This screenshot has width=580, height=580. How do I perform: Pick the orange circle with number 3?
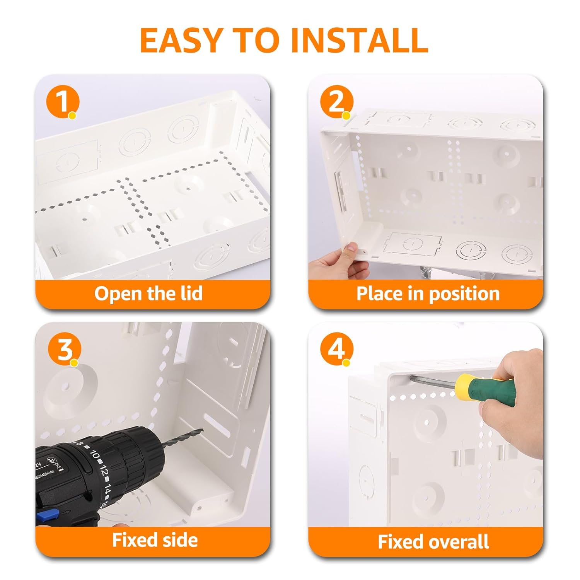point(64,350)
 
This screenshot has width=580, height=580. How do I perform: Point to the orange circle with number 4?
point(336,349)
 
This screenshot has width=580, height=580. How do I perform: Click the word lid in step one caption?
point(192,293)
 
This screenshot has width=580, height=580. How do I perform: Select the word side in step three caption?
point(179,540)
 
